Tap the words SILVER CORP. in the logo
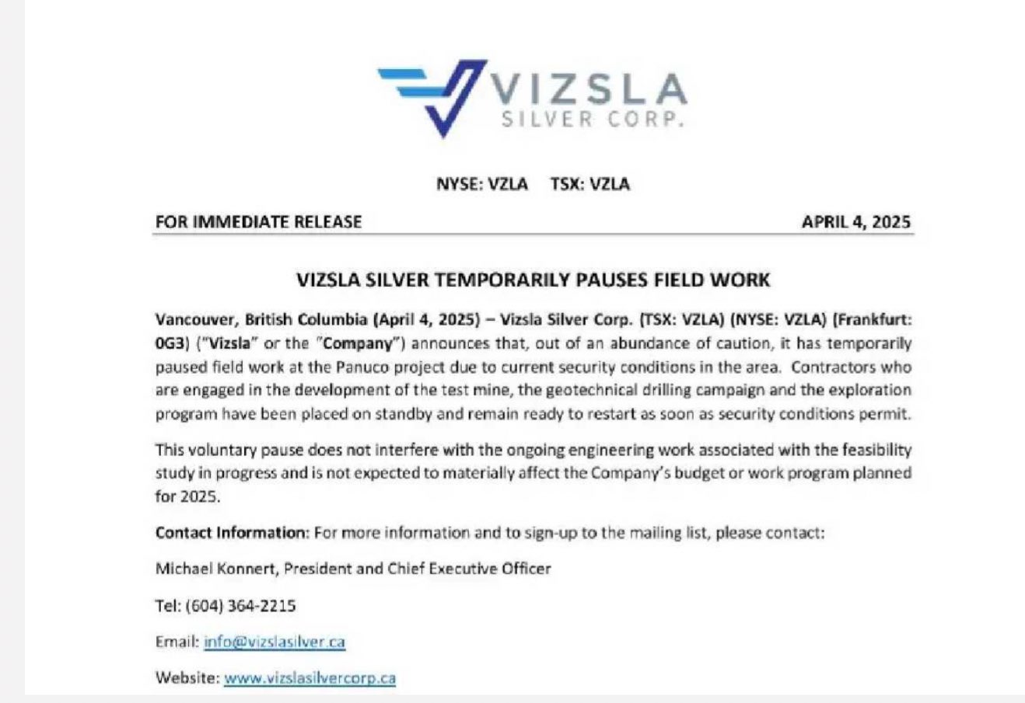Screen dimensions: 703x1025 [x=593, y=120]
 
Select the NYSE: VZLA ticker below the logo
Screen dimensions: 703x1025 [x=482, y=184]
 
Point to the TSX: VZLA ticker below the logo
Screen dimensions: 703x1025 [x=590, y=184]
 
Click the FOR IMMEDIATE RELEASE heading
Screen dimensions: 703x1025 [x=258, y=221]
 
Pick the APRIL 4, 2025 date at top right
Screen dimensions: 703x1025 [x=855, y=221]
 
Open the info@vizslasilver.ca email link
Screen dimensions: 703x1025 [x=275, y=642]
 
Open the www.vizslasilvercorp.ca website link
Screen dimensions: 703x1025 [x=310, y=677]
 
